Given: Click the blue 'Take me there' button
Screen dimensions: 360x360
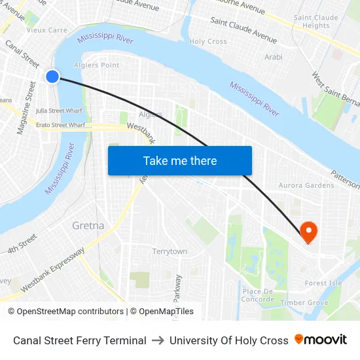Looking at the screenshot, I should tap(180, 160).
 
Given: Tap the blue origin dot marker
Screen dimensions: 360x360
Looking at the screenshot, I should tap(53, 77).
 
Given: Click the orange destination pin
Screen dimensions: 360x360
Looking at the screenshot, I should tap(308, 232).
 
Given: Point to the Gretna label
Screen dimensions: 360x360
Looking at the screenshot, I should tap(88, 226).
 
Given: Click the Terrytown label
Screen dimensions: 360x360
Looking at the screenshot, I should tap(170, 251).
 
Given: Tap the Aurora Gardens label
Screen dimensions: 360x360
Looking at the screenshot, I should tap(306, 185).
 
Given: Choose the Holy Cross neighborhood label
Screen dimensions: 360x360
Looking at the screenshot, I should tap(207, 41).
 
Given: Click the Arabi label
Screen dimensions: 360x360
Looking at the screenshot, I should tap(274, 57).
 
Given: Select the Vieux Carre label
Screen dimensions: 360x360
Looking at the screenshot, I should tap(46, 30).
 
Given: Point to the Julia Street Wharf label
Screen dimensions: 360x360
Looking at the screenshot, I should tap(59, 111).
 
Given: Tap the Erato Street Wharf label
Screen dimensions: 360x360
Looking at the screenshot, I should tap(60, 124).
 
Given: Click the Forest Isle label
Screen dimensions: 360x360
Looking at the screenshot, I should tap(323, 283).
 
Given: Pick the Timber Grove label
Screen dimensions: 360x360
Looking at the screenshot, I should tap(304, 302).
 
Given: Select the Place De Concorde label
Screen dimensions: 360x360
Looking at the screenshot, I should tap(259, 295).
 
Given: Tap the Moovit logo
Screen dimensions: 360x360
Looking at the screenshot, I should tap(321, 340).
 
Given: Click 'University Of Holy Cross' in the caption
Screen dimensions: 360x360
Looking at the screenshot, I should tap(228, 340).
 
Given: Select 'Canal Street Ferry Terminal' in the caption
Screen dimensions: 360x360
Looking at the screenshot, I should tap(80, 340).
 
